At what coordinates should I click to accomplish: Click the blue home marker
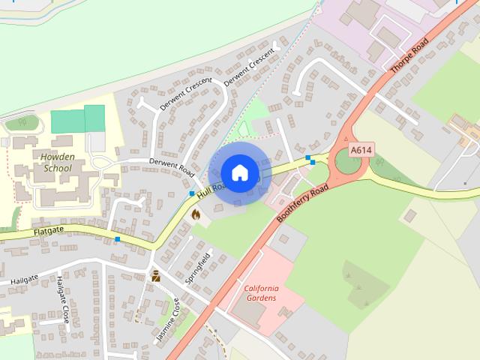(x=239, y=172)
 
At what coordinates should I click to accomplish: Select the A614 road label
(x=360, y=150)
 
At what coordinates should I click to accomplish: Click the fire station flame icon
(x=196, y=214)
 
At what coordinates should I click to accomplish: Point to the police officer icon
(x=156, y=276)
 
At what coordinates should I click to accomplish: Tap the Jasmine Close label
(x=168, y=320)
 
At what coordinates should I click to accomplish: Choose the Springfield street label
(x=197, y=265)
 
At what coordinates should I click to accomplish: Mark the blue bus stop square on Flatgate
(x=118, y=239)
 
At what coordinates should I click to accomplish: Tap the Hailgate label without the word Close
(x=24, y=280)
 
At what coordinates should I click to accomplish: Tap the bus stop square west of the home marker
(x=192, y=194)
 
